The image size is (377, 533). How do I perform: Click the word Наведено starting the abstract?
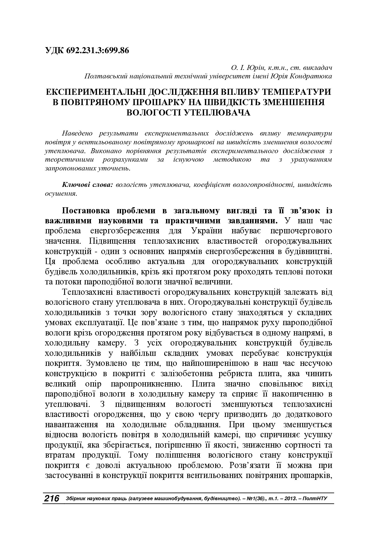(x=77, y=133)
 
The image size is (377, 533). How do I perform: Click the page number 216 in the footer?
(x=52, y=499)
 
